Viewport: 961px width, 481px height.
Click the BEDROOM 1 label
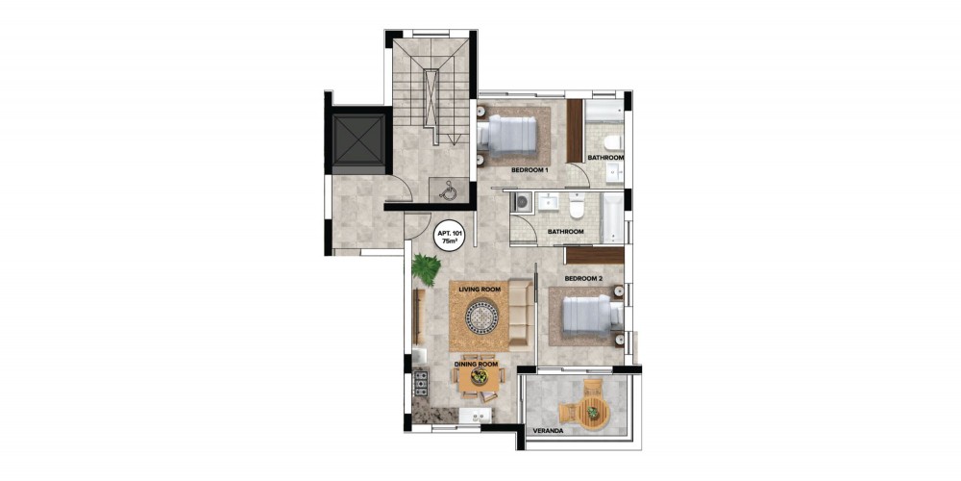point(529,170)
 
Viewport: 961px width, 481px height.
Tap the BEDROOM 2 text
point(583,279)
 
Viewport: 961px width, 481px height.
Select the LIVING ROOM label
point(480,289)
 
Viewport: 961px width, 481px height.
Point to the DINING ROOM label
point(476,364)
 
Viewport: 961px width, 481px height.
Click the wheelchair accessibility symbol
point(447,190)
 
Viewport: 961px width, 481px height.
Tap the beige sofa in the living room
point(520,316)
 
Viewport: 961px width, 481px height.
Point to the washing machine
point(522,203)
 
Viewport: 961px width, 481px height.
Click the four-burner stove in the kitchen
point(421,383)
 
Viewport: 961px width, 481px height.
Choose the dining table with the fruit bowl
point(480,377)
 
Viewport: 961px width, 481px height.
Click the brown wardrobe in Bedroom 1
point(575,131)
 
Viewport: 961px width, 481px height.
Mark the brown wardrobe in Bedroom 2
point(595,255)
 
